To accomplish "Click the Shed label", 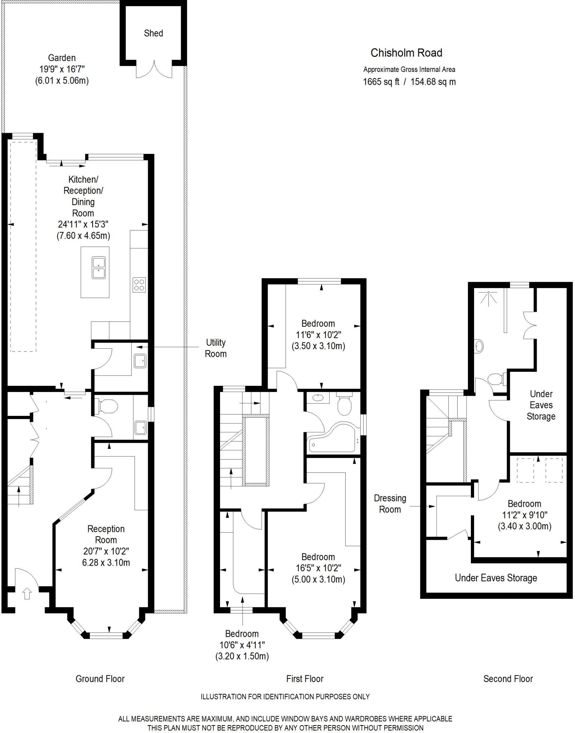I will pyautogui.click(x=153, y=33).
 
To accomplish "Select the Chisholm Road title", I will pyautogui.click(x=406, y=53).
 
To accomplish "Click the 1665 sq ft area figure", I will pyautogui.click(x=381, y=82).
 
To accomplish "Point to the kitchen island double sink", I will pyautogui.click(x=98, y=267).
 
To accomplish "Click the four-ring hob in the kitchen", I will pyautogui.click(x=139, y=285).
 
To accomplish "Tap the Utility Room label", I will pyautogui.click(x=216, y=348).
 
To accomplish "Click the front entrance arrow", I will pyautogui.click(x=27, y=594).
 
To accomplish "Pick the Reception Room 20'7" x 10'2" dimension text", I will pyautogui.click(x=106, y=551).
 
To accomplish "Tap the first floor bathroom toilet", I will pyautogui.click(x=344, y=405).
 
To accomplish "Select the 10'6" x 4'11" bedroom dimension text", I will pyautogui.click(x=242, y=645).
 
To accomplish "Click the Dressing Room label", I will pyautogui.click(x=390, y=504).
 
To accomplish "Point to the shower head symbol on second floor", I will pyautogui.click(x=488, y=298).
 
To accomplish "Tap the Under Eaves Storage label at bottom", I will pyautogui.click(x=496, y=578).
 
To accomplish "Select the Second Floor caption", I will pyautogui.click(x=508, y=679).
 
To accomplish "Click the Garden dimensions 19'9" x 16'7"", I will pyautogui.click(x=62, y=69).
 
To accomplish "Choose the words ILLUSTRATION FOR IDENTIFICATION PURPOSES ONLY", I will pyautogui.click(x=285, y=696).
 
